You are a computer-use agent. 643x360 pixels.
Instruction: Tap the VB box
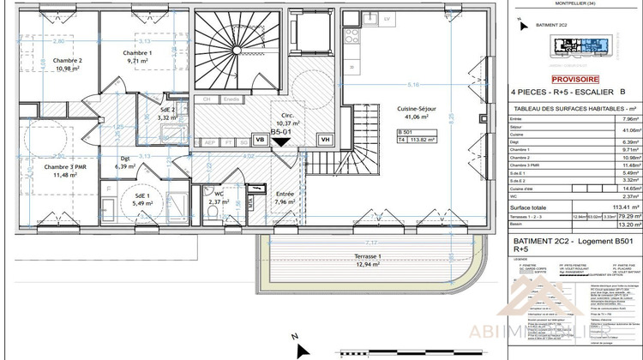(x=260, y=139)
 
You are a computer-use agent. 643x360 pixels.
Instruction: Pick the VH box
(x=326, y=139)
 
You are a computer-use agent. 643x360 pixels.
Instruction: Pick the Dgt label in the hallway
(x=125, y=159)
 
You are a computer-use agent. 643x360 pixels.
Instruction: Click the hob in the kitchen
(x=350, y=36)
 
